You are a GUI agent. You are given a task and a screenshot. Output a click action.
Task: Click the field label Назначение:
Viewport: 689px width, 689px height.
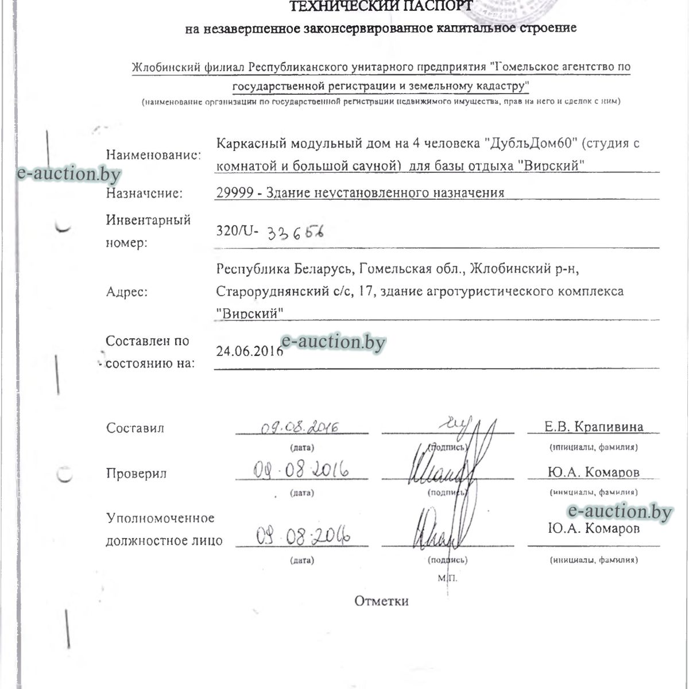[x=144, y=193]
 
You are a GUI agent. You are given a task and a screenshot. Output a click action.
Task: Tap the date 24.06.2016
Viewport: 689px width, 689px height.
[x=249, y=351]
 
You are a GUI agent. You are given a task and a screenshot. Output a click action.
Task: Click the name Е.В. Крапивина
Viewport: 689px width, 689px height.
[x=594, y=427]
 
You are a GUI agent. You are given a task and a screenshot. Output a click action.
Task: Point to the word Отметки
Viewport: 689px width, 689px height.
[x=382, y=601]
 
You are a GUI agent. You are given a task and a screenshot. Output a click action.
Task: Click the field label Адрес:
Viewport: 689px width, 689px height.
[x=127, y=292]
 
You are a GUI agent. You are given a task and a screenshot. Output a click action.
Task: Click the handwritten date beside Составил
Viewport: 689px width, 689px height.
[x=300, y=428]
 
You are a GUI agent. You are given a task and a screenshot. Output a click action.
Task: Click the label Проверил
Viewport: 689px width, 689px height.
[x=136, y=474]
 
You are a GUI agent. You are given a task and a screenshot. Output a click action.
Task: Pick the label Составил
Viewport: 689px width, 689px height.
[x=135, y=428]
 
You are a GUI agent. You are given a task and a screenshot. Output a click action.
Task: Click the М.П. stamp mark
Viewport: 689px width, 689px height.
[x=448, y=578]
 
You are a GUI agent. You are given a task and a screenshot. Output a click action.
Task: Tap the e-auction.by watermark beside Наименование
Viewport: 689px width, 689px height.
[x=69, y=174]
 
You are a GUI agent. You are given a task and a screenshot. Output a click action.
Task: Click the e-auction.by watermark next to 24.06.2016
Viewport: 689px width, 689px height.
[x=334, y=342]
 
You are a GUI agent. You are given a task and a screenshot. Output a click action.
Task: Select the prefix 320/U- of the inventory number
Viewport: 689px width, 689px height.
[x=237, y=231]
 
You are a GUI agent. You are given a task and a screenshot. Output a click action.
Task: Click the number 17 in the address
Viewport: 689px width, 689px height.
[x=363, y=292]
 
